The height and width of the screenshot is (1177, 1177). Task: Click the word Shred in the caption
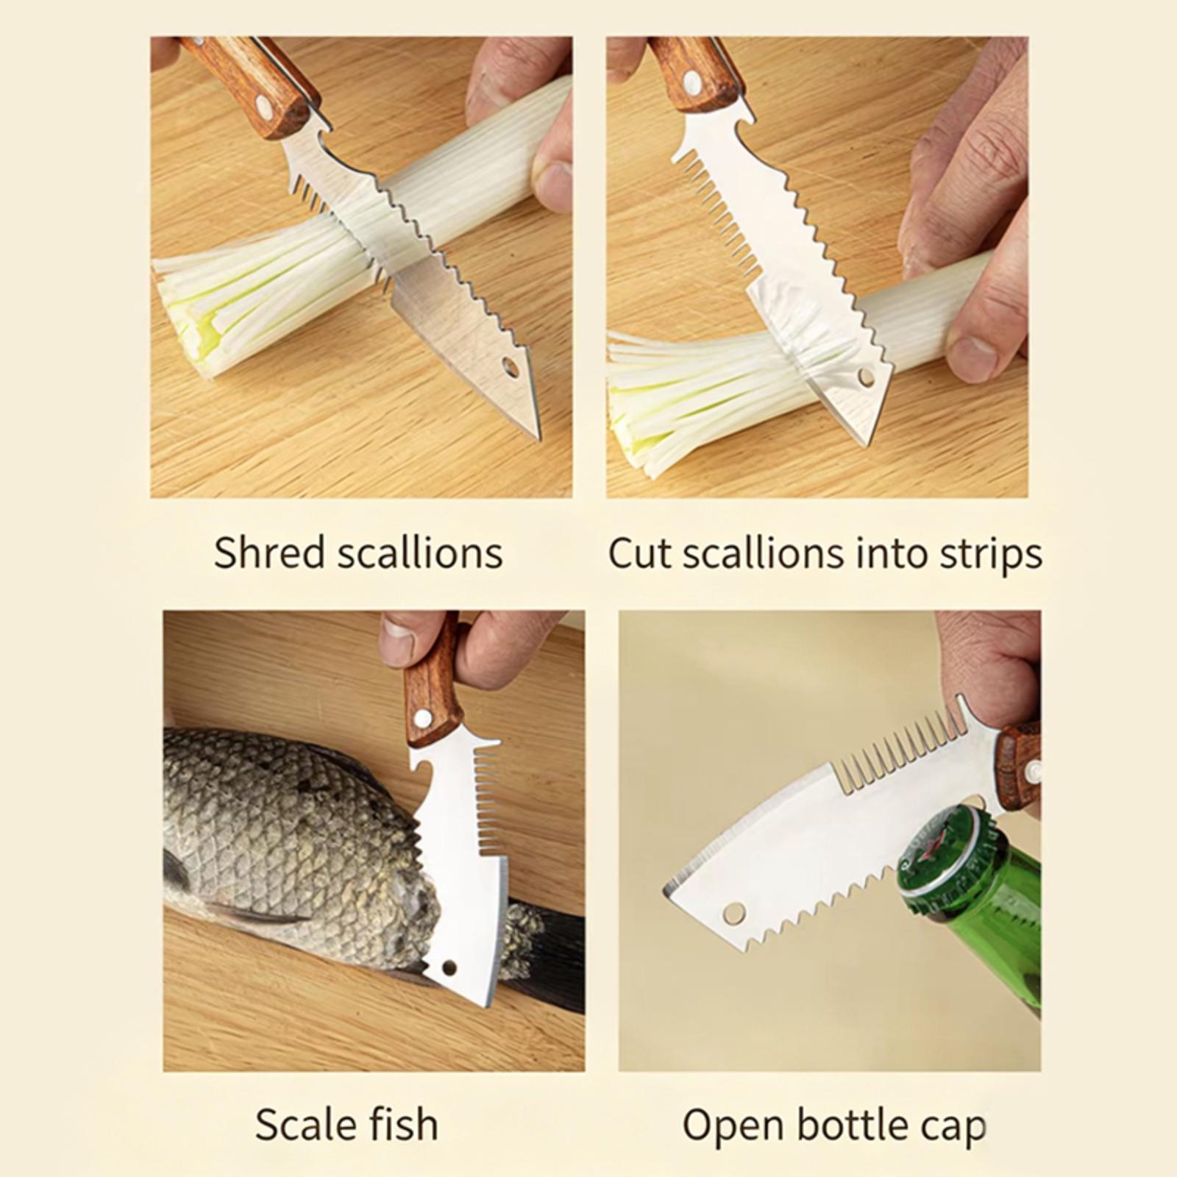tap(270, 552)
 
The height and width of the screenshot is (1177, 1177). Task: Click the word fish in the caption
tap(408, 1125)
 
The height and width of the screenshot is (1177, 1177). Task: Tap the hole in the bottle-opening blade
tap(733, 914)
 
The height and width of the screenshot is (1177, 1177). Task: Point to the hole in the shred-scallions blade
tap(510, 367)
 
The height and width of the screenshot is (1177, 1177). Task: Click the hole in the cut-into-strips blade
tap(867, 378)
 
